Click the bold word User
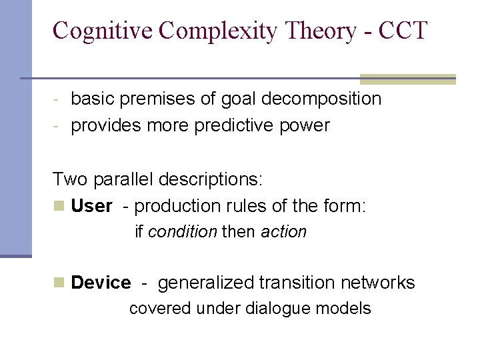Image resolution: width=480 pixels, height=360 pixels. tap(91, 206)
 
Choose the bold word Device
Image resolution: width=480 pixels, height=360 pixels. tap(101, 283)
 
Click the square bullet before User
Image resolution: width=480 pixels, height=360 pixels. tap(59, 207)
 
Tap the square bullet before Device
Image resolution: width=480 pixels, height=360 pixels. tap(59, 283)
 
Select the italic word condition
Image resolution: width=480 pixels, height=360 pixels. tap(182, 232)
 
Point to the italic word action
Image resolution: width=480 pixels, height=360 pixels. tap(283, 232)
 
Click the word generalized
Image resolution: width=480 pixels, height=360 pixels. tap(206, 283)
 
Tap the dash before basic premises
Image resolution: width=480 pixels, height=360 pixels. tap(58, 100)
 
